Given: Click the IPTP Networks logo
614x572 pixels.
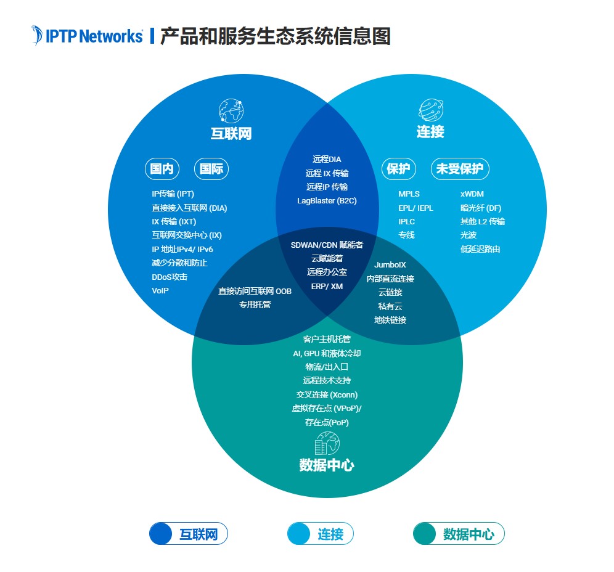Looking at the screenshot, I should [87, 36].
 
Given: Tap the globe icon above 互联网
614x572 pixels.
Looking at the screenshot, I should [231, 111].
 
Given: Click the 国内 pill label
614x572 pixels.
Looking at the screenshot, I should [162, 169].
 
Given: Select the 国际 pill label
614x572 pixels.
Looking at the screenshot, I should [211, 169].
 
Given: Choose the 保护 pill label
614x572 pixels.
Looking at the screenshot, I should [398, 169].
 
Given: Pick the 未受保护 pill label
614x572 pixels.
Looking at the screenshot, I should [459, 169].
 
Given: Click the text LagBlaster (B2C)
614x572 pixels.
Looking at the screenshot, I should [327, 201].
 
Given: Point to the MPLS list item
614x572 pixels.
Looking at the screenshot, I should [409, 194].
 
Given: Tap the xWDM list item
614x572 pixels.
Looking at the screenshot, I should [472, 194].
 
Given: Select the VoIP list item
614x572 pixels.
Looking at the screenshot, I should [160, 290].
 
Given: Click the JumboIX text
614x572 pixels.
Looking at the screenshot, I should [390, 265].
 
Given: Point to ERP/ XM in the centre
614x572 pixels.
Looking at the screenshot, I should [327, 286].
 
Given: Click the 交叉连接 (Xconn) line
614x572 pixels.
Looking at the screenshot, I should [327, 394].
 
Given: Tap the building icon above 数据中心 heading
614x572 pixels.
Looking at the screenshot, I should [327, 443].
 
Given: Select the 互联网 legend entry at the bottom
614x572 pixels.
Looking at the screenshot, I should [189, 534].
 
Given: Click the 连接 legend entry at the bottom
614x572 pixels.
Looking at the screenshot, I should [321, 534].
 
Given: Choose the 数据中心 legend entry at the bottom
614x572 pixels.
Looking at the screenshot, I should [459, 534].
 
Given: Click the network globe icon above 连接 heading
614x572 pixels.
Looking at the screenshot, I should [431, 110].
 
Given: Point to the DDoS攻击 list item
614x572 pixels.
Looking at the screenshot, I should [170, 277].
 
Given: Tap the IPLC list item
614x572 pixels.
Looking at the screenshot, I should [407, 221].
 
